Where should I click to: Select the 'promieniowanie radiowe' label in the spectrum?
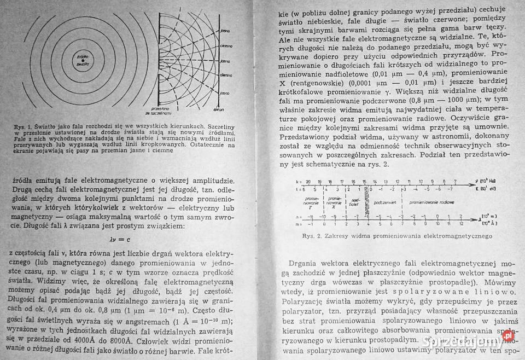tap(432, 202)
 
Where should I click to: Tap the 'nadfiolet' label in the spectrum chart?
tap(354, 202)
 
